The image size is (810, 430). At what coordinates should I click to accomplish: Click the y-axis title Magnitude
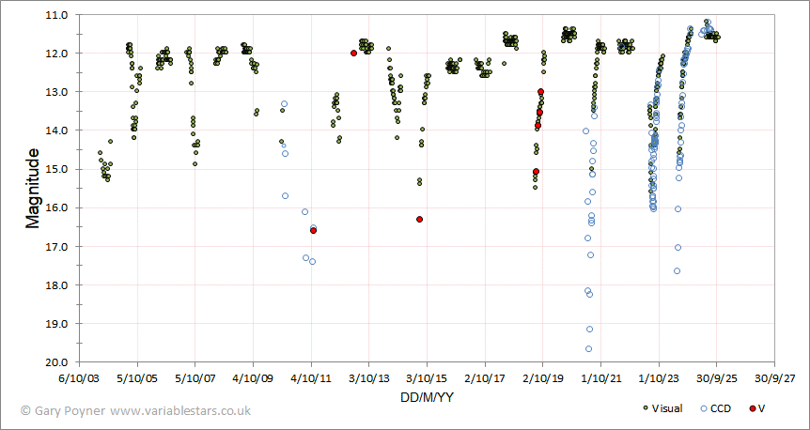click(32, 187)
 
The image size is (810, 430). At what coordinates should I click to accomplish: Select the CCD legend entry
click(716, 408)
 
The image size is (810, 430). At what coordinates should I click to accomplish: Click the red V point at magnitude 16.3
click(419, 219)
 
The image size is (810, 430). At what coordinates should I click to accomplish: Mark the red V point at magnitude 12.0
click(353, 54)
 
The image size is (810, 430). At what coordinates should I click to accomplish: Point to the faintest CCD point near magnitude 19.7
click(588, 349)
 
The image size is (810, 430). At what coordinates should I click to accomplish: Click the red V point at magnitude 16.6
click(313, 230)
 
